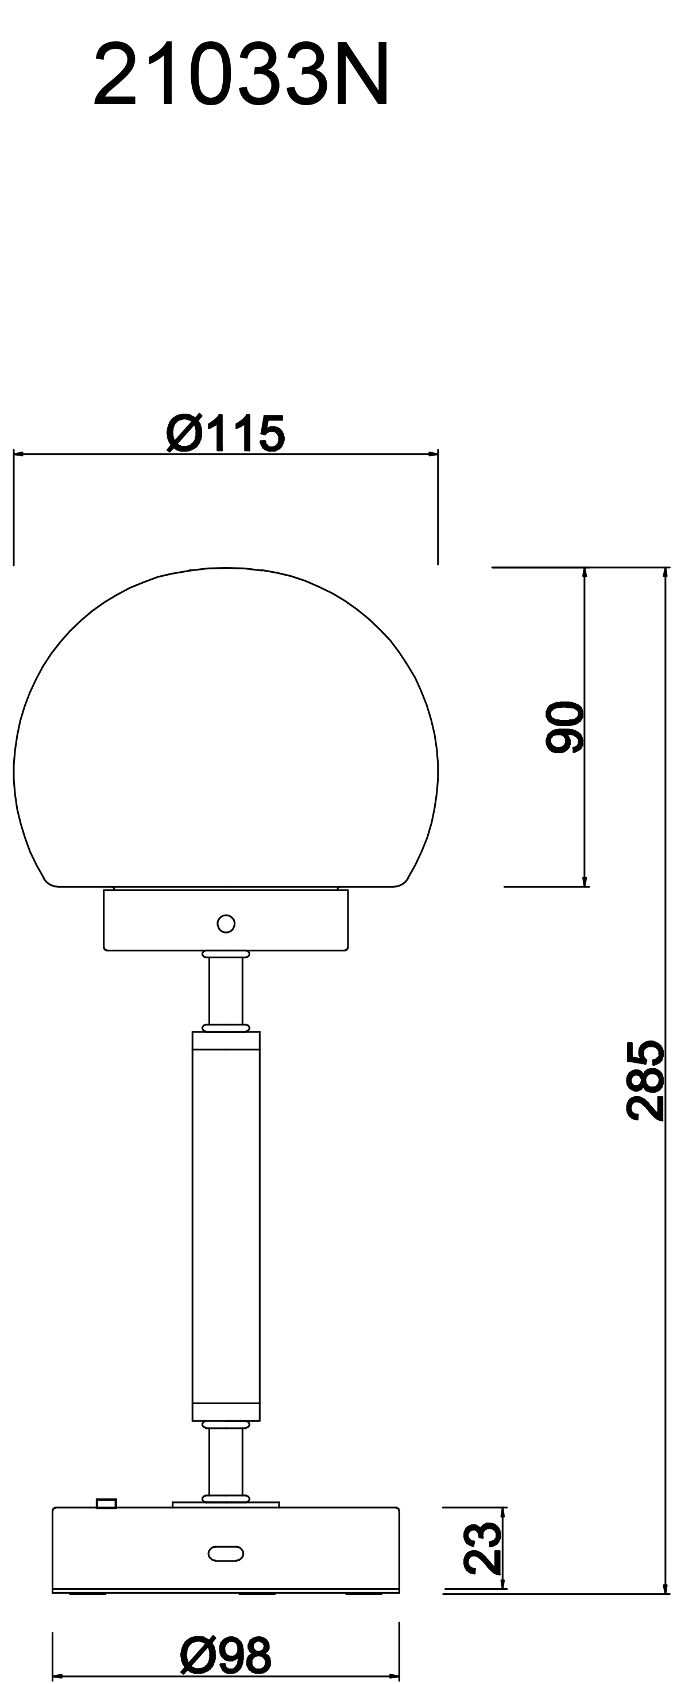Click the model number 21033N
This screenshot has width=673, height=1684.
[241, 75]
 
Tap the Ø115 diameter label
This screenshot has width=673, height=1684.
[226, 433]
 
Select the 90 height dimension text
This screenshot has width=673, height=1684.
[564, 726]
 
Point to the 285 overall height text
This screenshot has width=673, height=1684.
[645, 1080]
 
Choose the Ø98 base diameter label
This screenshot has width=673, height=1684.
[226, 1656]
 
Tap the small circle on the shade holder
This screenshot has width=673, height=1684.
[226, 924]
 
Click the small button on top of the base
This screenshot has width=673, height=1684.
[106, 1504]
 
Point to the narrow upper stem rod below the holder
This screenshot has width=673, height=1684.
[226, 991]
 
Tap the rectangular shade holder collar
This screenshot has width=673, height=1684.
[163, 920]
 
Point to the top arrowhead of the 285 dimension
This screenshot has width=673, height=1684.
[665, 573]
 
